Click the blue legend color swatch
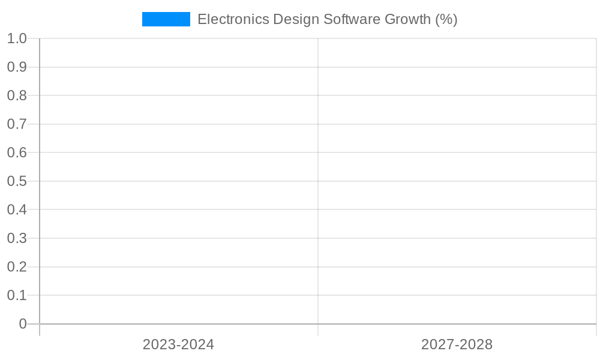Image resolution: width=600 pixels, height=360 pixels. tap(166, 19)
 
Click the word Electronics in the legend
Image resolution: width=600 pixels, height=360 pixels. tap(233, 19)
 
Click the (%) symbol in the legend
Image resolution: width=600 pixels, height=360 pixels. tap(446, 19)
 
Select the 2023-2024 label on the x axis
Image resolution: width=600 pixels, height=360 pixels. tap(178, 344)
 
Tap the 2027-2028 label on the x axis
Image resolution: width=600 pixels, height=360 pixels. tap(457, 344)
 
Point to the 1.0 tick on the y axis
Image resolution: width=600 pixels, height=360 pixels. tap(17, 38)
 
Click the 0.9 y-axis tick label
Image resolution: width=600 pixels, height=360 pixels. tap(17, 67)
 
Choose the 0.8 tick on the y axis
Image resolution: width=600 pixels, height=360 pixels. tap(17, 95)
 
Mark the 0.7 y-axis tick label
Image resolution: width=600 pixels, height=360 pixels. tap(17, 124)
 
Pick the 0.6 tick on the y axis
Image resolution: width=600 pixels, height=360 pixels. tap(17, 152)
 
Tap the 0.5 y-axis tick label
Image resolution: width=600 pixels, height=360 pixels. tap(17, 181)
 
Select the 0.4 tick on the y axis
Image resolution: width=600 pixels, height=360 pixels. tap(17, 209)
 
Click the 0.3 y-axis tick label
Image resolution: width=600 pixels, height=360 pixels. tap(17, 238)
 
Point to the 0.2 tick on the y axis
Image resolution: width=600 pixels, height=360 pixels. tap(17, 266)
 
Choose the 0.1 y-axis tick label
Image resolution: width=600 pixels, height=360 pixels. tap(17, 295)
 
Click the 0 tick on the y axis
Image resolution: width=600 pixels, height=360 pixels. tap(23, 324)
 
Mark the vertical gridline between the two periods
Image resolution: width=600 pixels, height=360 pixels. tap(318, 180)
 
